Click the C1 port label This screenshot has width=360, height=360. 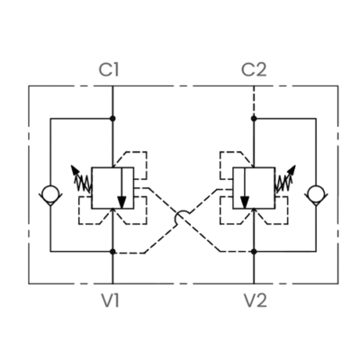pos(109,69)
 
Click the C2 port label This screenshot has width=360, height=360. pos(254,69)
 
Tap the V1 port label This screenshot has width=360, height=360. pos(111,301)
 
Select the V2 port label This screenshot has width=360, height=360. pos(256,301)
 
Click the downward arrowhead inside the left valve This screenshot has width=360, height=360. pos(121,202)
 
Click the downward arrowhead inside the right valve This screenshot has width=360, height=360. pos(245,202)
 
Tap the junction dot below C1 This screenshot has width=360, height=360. pos(112,119)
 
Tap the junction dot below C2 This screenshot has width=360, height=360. pos(254,119)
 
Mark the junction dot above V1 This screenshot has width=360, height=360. pos(112,251)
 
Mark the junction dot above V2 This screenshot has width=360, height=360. pos(254,251)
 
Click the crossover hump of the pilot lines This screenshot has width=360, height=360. pos(182,211)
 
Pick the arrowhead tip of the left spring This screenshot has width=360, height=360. pos(71,166)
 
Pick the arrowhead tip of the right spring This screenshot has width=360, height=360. pos(295,166)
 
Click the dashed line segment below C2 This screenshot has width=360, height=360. pos(254,102)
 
